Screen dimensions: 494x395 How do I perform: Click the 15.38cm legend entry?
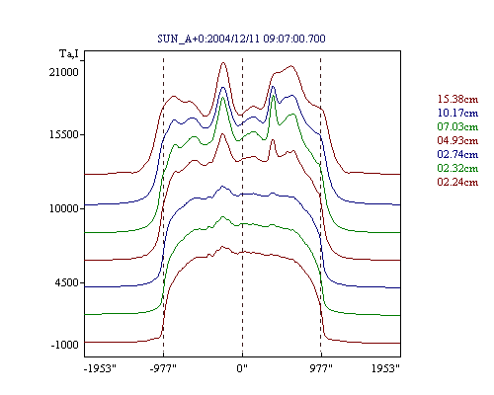click(457, 99)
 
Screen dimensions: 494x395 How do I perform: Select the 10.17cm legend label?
click(457, 113)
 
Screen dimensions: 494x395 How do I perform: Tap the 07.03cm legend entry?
click(457, 126)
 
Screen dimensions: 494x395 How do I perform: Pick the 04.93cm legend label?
click(457, 140)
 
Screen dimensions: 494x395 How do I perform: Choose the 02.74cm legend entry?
click(457, 154)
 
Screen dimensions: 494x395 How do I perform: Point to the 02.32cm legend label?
click(457, 168)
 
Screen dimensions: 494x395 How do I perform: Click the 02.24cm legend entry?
click(457, 182)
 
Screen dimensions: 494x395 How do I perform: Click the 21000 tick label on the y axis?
click(64, 72)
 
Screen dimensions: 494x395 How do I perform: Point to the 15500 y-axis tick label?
click(64, 134)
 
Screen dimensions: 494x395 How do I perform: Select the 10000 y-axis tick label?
click(64, 208)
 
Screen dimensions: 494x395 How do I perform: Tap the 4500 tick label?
click(67, 282)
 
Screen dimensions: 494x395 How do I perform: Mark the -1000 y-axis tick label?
click(65, 345)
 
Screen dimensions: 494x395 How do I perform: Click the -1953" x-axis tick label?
click(100, 368)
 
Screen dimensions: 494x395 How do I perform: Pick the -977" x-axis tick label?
click(163, 368)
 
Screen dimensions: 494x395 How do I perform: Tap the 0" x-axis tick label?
click(242, 368)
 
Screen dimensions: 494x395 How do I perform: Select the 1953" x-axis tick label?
click(385, 368)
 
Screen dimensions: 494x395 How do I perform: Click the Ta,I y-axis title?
click(69, 53)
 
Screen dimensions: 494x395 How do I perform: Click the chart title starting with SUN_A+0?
click(241, 39)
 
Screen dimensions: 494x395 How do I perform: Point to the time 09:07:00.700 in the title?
click(294, 39)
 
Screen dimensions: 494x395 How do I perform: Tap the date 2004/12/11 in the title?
click(234, 39)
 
